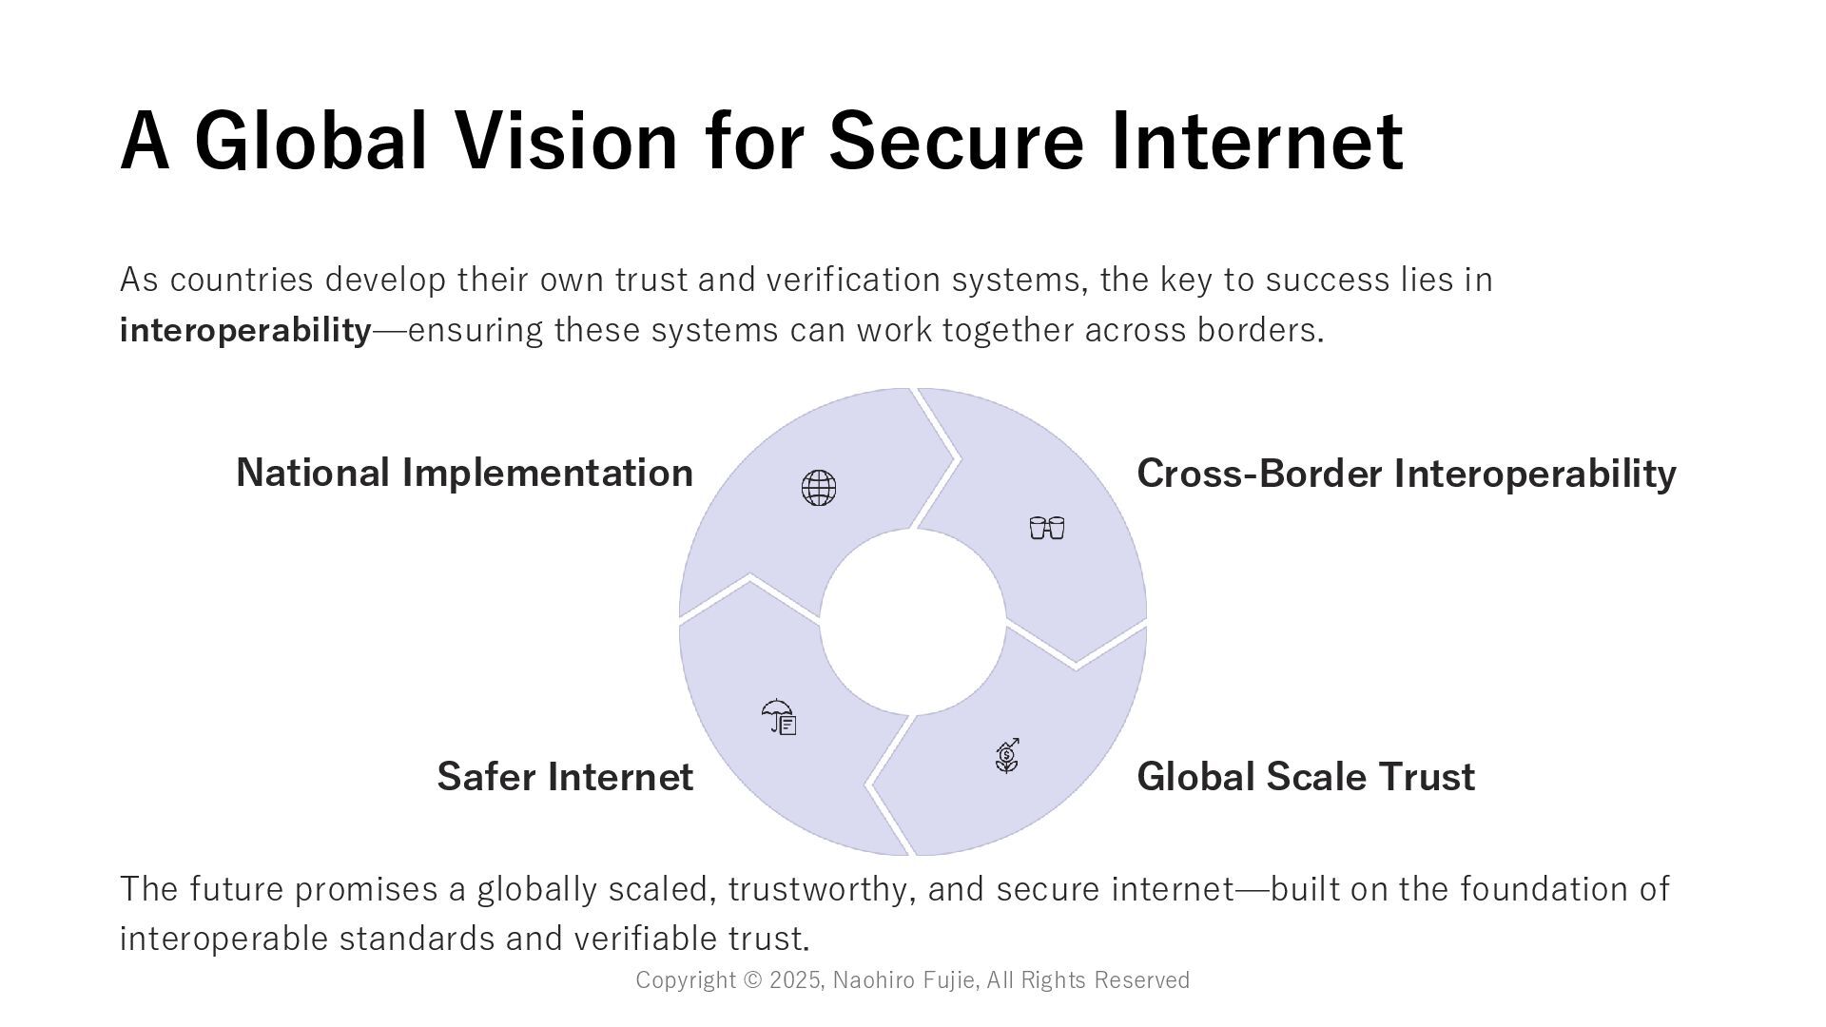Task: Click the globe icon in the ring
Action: pyautogui.click(x=818, y=488)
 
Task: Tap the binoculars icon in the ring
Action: pyautogui.click(x=1047, y=528)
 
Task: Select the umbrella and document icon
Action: pyautogui.click(x=779, y=717)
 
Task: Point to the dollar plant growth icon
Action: pyautogui.click(x=1007, y=756)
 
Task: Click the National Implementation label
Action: pyautogui.click(x=464, y=473)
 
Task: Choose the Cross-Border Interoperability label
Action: pyautogui.click(x=1406, y=474)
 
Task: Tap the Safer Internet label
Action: pyautogui.click(x=565, y=777)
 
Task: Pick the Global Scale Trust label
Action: pyautogui.click(x=1305, y=777)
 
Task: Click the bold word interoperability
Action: pyautogui.click(x=245, y=331)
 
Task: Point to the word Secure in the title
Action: pyautogui.click(x=956, y=141)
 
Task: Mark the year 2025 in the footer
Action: pyautogui.click(x=796, y=980)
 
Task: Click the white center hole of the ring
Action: pyautogui.click(x=913, y=622)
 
